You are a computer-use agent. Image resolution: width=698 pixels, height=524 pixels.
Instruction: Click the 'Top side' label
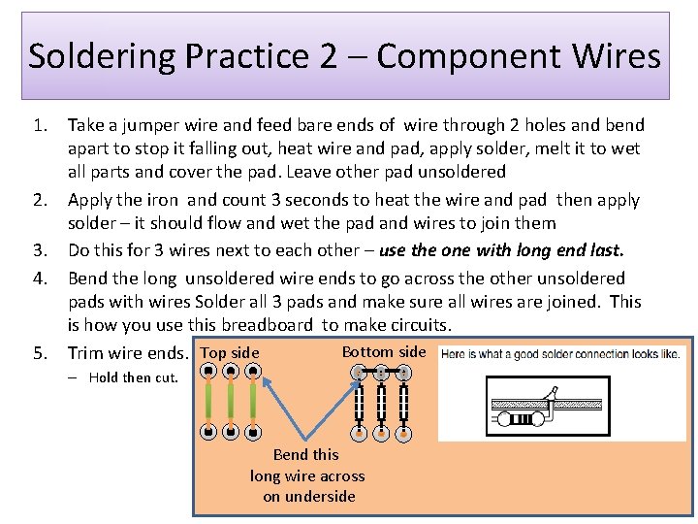tap(230, 353)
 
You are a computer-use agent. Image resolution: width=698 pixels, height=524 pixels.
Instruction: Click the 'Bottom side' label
tap(383, 351)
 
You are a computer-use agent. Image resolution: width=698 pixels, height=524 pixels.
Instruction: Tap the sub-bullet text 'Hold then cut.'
tap(134, 377)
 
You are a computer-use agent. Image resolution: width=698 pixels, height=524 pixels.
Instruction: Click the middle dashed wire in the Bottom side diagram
tap(381, 402)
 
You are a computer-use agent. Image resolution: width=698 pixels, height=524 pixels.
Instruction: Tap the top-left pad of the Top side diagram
tap(209, 371)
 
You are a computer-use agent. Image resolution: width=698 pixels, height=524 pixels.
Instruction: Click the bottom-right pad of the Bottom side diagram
tap(403, 432)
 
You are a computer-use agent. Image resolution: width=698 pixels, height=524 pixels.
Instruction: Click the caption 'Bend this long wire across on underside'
tap(306, 475)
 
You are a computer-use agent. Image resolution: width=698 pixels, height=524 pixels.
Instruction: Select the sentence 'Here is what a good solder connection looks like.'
tap(560, 354)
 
